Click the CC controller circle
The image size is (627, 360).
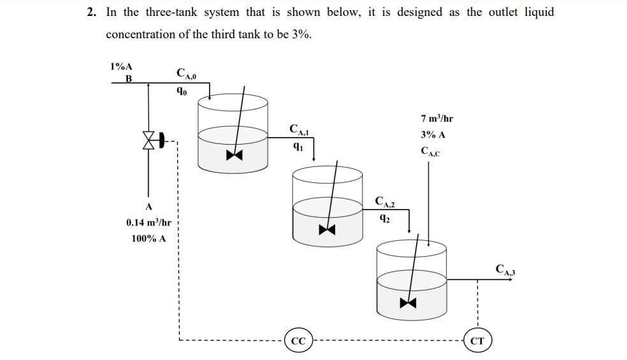tap(298, 341)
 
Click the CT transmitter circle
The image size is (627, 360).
tap(477, 341)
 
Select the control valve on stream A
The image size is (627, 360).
tap(151, 140)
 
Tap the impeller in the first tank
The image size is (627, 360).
tap(234, 155)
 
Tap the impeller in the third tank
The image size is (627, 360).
tap(408, 302)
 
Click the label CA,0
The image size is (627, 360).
tap(186, 74)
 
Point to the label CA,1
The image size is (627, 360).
tap(298, 130)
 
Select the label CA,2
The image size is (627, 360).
tap(385, 203)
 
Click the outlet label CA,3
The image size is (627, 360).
tap(505, 269)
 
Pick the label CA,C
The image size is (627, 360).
tap(431, 152)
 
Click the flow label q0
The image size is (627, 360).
tap(182, 90)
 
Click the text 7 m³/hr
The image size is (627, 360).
tap(437, 119)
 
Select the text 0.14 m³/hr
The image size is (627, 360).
tap(148, 222)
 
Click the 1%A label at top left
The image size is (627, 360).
tap(121, 66)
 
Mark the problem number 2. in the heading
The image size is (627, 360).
tap(92, 12)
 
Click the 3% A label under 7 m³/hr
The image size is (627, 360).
tap(433, 135)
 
